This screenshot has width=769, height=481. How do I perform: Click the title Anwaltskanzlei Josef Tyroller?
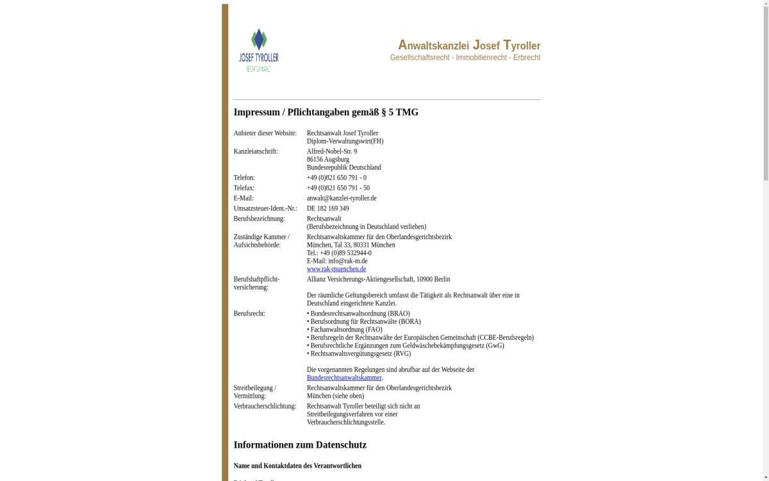coord(468,46)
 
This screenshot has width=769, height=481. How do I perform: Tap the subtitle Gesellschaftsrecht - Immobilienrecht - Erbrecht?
coord(465,58)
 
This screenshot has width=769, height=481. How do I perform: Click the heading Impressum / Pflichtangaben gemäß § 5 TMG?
coord(326,112)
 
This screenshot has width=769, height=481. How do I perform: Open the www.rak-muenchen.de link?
coord(336,269)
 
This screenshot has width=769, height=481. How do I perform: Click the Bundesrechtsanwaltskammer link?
coord(343,378)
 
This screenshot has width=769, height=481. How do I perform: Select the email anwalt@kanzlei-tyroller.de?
coord(341,198)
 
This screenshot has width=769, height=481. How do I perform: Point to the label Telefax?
coord(244,188)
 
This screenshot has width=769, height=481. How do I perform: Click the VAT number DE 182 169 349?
coord(327,208)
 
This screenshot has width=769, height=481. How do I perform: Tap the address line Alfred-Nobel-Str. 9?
coord(331,151)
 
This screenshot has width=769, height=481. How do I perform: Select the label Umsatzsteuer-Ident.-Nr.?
coord(265,208)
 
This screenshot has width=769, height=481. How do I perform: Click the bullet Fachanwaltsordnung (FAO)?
coord(345,330)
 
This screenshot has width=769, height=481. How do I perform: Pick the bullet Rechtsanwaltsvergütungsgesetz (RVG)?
coord(360,353)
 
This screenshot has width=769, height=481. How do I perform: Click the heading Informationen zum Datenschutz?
coord(299,444)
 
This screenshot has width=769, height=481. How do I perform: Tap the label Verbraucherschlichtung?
coord(264,406)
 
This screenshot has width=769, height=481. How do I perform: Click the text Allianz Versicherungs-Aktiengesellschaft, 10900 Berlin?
coord(378,279)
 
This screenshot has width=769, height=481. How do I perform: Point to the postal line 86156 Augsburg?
coord(327,159)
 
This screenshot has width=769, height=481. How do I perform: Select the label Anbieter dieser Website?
coord(265,133)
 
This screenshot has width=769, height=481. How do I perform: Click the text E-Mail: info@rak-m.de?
coord(336,261)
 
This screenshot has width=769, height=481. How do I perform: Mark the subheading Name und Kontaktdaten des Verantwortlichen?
coord(297,466)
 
